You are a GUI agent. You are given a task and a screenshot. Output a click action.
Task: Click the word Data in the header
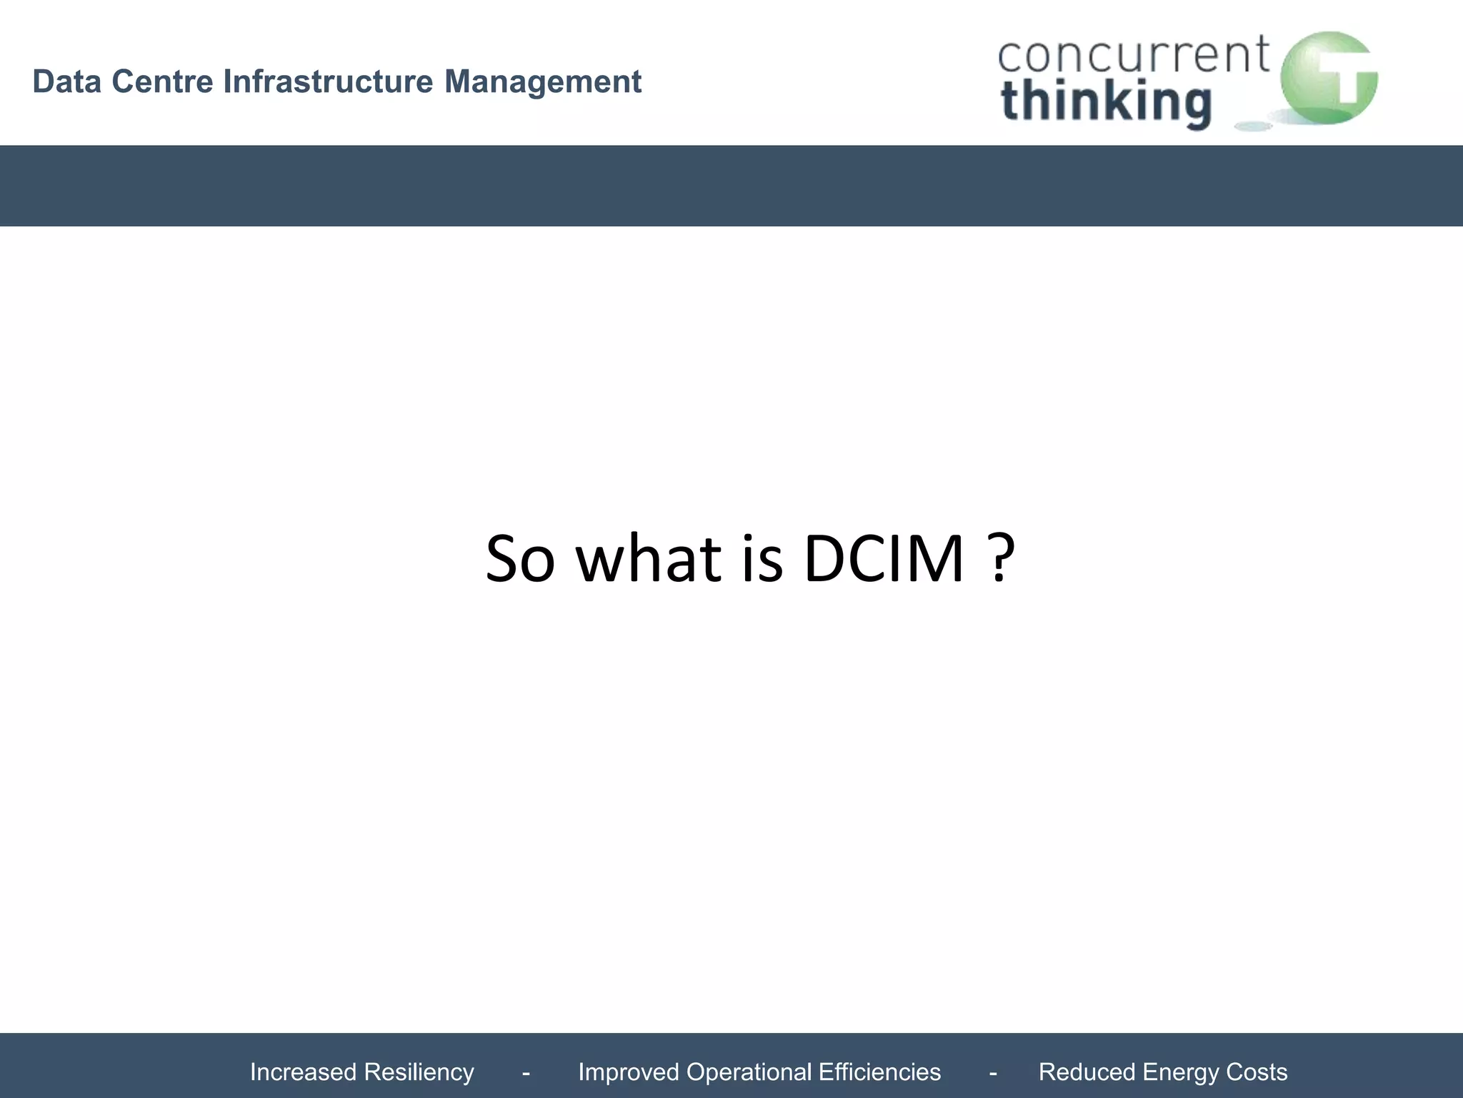coord(66,81)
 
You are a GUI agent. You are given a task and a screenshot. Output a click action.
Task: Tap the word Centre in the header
coord(162,81)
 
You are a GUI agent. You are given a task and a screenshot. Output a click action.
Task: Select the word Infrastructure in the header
coord(328,81)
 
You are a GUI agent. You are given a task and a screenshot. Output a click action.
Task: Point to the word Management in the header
coord(543,81)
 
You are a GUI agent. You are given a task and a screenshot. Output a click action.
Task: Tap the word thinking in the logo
coord(1106,102)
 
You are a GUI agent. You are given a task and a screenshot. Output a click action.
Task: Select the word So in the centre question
coord(520,558)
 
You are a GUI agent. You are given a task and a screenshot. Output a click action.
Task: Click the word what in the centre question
coord(649,558)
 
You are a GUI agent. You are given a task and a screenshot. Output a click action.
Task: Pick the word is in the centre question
coord(762,558)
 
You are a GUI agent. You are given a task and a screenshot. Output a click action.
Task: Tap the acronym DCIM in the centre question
coord(884,558)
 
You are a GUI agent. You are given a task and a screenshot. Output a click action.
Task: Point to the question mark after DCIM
coord(1001,558)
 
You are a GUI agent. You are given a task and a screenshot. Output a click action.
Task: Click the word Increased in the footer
coord(303,1072)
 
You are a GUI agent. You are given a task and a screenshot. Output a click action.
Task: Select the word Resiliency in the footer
coord(419,1072)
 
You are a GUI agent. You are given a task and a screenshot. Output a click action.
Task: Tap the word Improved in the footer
coord(627,1072)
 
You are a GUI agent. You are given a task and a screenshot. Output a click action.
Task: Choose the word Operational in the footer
coord(747,1072)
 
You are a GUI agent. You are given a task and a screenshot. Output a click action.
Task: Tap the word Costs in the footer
coord(1257,1072)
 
